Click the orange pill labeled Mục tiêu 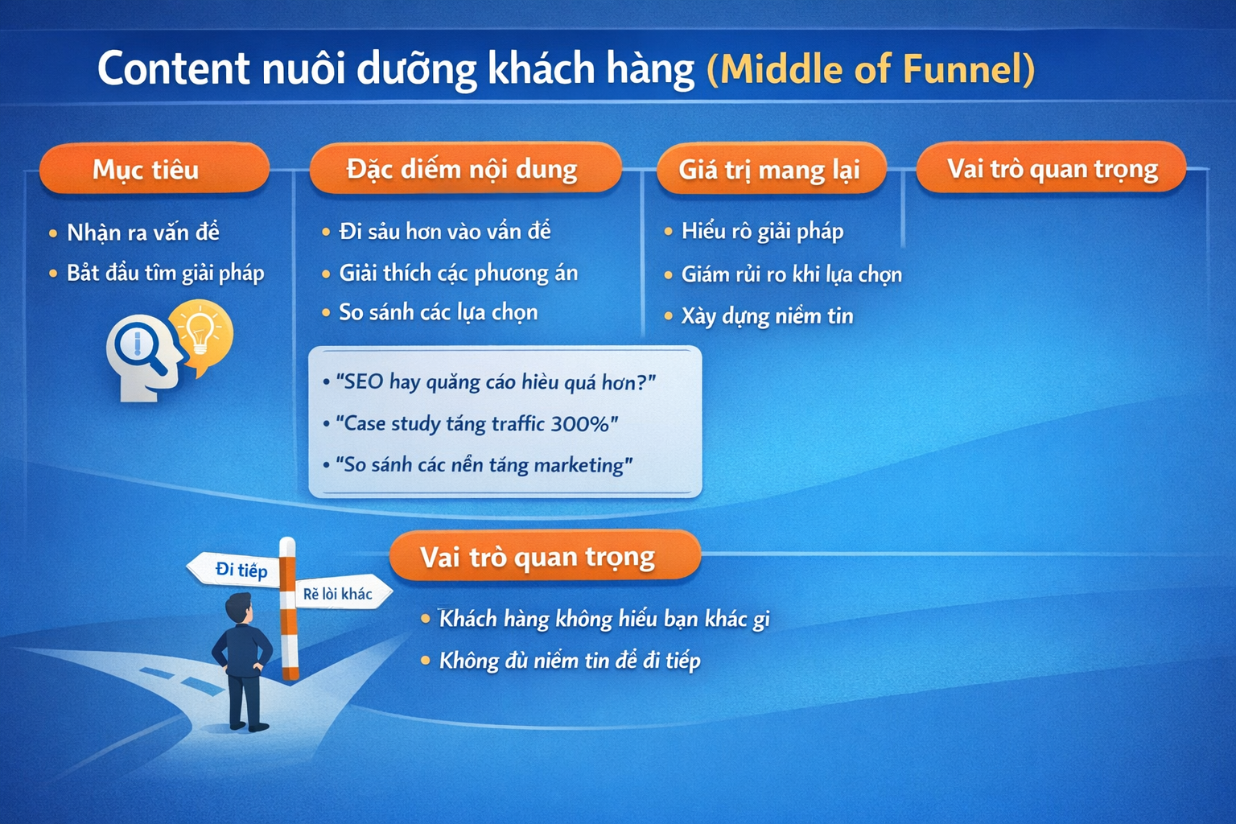pyautogui.click(x=154, y=168)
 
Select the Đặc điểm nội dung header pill pyautogui.click(x=465, y=168)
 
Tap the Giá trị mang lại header pyautogui.click(x=771, y=168)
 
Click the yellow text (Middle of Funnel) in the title pyautogui.click(x=871, y=69)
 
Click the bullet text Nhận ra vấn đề pyautogui.click(x=143, y=233)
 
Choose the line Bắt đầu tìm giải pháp pyautogui.click(x=166, y=274)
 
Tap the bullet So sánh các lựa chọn pyautogui.click(x=438, y=312)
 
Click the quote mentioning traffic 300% pyautogui.click(x=477, y=423)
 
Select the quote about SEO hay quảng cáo pyautogui.click(x=496, y=382)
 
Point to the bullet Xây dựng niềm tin pyautogui.click(x=768, y=316)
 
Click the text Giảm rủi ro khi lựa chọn pyautogui.click(x=792, y=274)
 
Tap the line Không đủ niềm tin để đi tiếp pyautogui.click(x=570, y=660)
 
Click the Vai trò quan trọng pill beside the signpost pyautogui.click(x=545, y=556)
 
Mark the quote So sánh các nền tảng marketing pyautogui.click(x=484, y=465)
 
